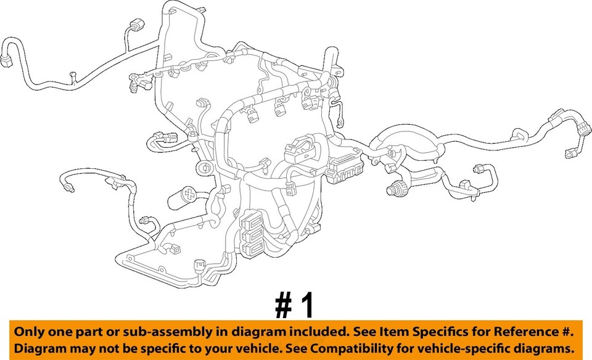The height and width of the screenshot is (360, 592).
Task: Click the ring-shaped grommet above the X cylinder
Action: pos(201,168)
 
